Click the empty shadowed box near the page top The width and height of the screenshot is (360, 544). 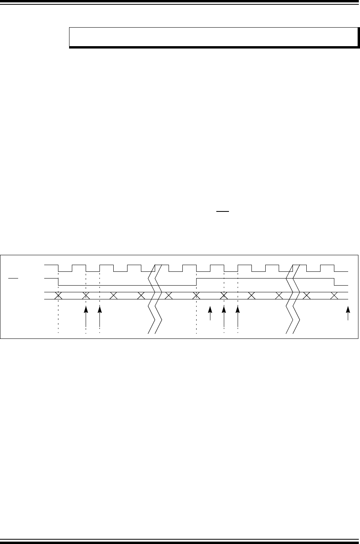click(x=213, y=37)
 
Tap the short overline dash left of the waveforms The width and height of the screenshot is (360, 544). click(x=13, y=278)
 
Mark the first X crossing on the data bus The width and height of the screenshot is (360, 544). click(x=58, y=295)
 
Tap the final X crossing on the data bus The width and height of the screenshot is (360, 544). click(x=334, y=295)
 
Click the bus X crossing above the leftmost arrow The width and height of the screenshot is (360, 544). click(x=86, y=295)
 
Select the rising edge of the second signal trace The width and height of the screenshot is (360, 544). click(x=197, y=281)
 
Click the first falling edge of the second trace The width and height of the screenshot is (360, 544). click(x=58, y=281)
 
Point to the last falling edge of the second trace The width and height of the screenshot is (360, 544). click(x=334, y=281)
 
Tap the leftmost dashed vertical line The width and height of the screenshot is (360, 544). click(x=58, y=316)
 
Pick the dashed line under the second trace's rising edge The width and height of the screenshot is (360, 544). click(x=197, y=316)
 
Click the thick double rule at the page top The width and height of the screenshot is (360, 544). click(x=180, y=2)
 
